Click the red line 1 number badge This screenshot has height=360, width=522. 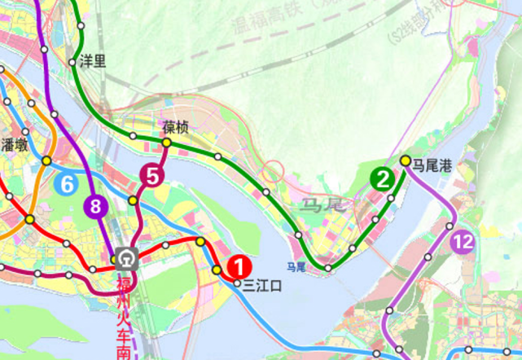pyautogui.click(x=239, y=266)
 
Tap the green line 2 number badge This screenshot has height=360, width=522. pyautogui.click(x=381, y=178)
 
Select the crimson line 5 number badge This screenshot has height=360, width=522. pyautogui.click(x=151, y=173)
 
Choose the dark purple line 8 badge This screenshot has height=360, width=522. pyautogui.click(x=96, y=206)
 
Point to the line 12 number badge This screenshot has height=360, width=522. pyautogui.click(x=463, y=241)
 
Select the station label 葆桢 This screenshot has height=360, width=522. pyautogui.click(x=175, y=128)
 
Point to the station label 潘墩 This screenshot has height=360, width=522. pyautogui.click(x=15, y=146)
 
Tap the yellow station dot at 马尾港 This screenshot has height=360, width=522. pyautogui.click(x=406, y=160)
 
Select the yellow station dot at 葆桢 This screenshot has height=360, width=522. pyautogui.click(x=166, y=143)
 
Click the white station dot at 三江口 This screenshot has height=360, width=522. pyautogui.click(x=238, y=283)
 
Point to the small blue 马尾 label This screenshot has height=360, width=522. pyautogui.click(x=296, y=267)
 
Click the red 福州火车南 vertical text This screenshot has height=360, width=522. pyautogui.click(x=124, y=318)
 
